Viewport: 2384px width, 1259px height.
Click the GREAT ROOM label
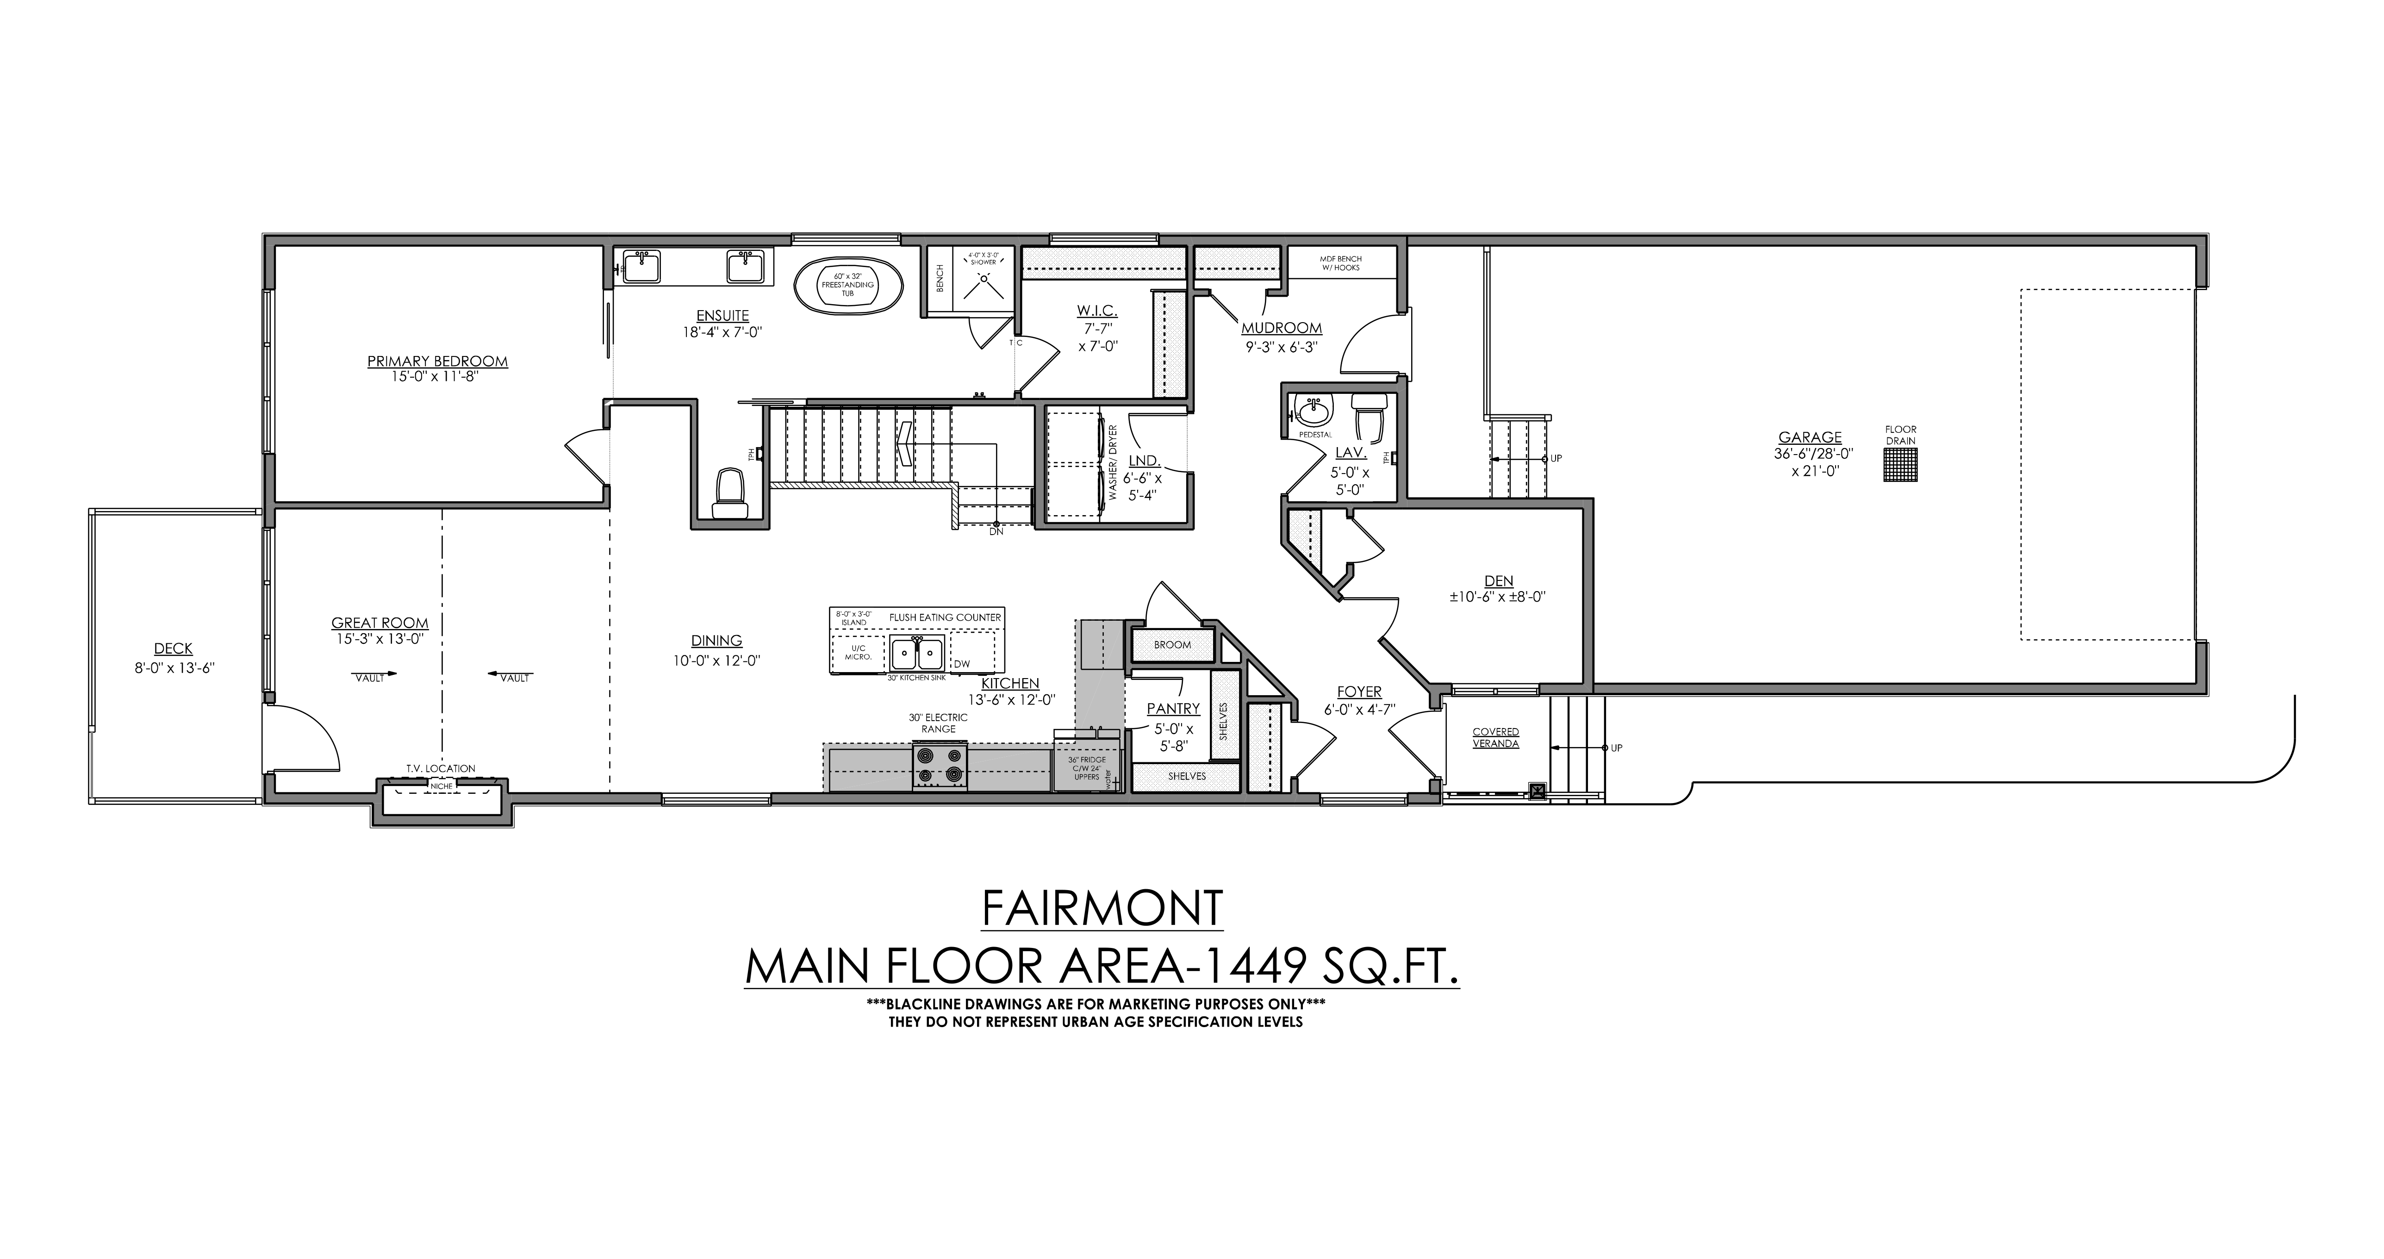tap(380, 623)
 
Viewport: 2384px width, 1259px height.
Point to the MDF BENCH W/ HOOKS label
tap(1340, 263)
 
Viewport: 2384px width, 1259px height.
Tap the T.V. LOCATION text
tap(441, 768)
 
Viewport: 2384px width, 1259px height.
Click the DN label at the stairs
tap(996, 531)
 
